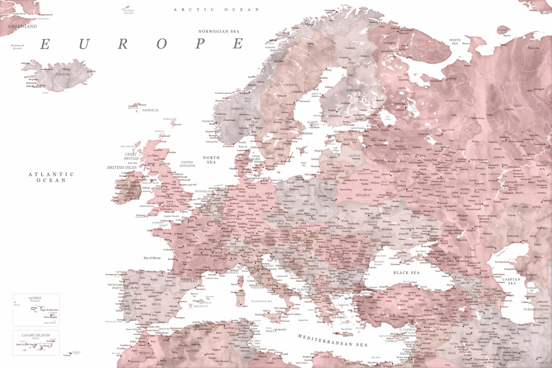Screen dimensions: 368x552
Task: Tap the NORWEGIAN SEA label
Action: (x=221, y=31)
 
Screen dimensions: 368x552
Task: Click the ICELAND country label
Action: (x=62, y=74)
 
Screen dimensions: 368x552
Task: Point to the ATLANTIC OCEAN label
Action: (x=51, y=177)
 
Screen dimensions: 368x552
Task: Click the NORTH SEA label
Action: (x=211, y=161)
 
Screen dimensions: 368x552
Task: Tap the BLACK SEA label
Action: (x=406, y=273)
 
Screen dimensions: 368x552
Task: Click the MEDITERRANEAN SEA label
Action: (x=332, y=340)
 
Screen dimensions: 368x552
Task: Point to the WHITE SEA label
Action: (x=455, y=42)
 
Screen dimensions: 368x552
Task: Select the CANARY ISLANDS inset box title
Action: (x=35, y=335)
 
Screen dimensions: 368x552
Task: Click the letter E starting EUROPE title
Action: (x=47, y=44)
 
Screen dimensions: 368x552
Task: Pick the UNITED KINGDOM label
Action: (x=188, y=164)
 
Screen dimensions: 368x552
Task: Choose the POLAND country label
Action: (x=308, y=204)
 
